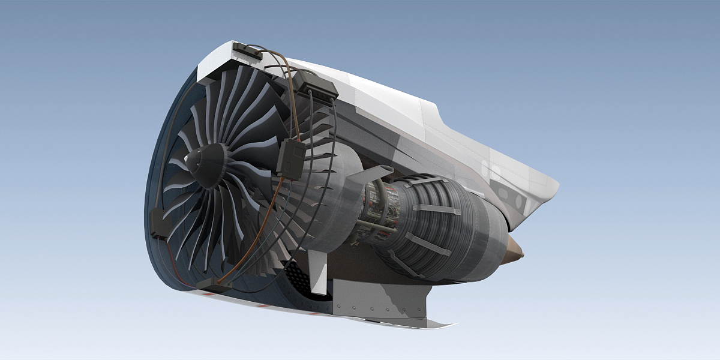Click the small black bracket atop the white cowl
click(245, 51)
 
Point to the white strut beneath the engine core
click(319, 271)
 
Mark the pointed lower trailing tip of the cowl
click(447, 325)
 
